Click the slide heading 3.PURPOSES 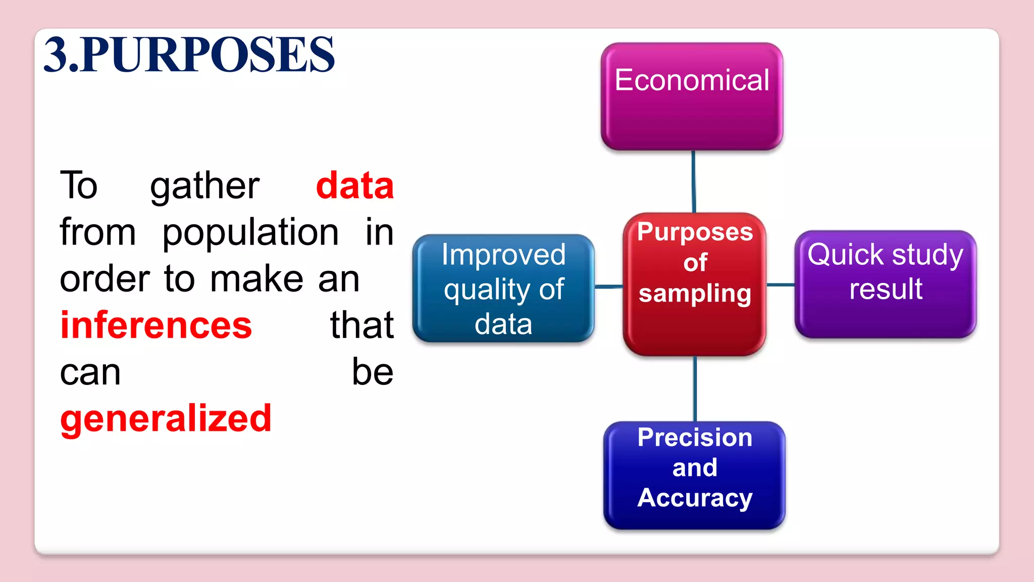tap(189, 55)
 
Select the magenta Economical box tap(692, 96)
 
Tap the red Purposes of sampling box tap(694, 284)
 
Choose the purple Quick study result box tap(885, 284)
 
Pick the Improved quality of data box tap(503, 288)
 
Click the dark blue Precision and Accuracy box tap(694, 475)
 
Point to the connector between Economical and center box tap(694, 181)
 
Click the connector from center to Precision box tap(695, 389)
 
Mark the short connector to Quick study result tap(781, 285)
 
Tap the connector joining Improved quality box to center tap(609, 286)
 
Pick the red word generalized tap(166, 419)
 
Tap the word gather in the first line tap(204, 186)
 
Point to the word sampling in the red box tap(695, 294)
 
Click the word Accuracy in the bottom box tap(695, 498)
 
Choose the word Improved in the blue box tap(503, 255)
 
